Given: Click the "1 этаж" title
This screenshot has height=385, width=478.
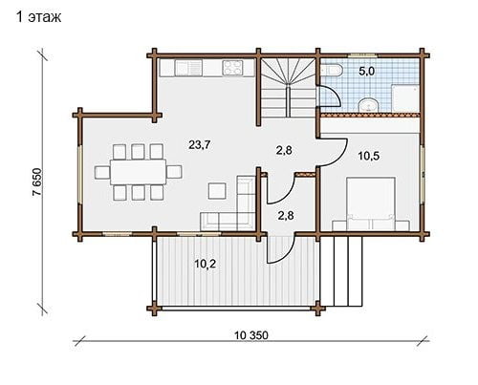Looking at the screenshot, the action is [38, 17].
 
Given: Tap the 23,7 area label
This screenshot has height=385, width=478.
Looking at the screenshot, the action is [200, 145].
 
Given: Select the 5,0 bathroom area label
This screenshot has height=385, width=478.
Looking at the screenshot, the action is [366, 72].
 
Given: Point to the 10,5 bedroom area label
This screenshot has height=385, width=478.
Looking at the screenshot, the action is [369, 156].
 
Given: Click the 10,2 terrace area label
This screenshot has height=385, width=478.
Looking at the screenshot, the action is [206, 264].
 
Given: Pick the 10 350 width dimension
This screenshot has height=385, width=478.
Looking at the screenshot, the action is [251, 335].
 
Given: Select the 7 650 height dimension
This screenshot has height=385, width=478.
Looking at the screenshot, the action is [37, 182].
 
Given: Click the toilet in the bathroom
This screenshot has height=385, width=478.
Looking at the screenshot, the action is [331, 71].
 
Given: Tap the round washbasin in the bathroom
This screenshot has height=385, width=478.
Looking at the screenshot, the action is [369, 105].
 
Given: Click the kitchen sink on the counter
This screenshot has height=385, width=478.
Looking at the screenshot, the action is [188, 68].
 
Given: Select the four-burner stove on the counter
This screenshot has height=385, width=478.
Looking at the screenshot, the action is [232, 68].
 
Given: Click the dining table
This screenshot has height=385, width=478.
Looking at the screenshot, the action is [138, 172].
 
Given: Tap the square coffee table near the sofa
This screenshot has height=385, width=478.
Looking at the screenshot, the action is [217, 191].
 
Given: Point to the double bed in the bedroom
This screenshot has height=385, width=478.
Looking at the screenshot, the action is [371, 203].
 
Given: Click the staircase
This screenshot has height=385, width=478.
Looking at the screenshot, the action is [289, 88].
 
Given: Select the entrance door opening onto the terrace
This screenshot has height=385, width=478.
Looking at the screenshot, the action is [280, 250].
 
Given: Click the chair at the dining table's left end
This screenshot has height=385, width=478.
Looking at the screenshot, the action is [102, 172].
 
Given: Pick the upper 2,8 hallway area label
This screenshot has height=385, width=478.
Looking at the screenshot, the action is [285, 150].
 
